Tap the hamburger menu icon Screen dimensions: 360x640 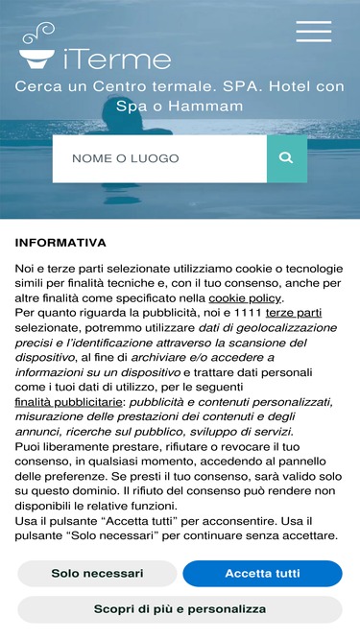313,31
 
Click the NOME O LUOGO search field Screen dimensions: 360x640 159,158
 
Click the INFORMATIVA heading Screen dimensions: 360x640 60,243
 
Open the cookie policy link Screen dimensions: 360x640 245,297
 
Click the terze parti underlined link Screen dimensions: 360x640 294,313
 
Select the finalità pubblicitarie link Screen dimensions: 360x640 68,402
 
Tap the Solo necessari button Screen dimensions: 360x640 97,574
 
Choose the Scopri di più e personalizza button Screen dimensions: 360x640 180,609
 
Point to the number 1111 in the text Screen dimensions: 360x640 248,313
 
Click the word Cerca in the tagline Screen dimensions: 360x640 39,86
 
